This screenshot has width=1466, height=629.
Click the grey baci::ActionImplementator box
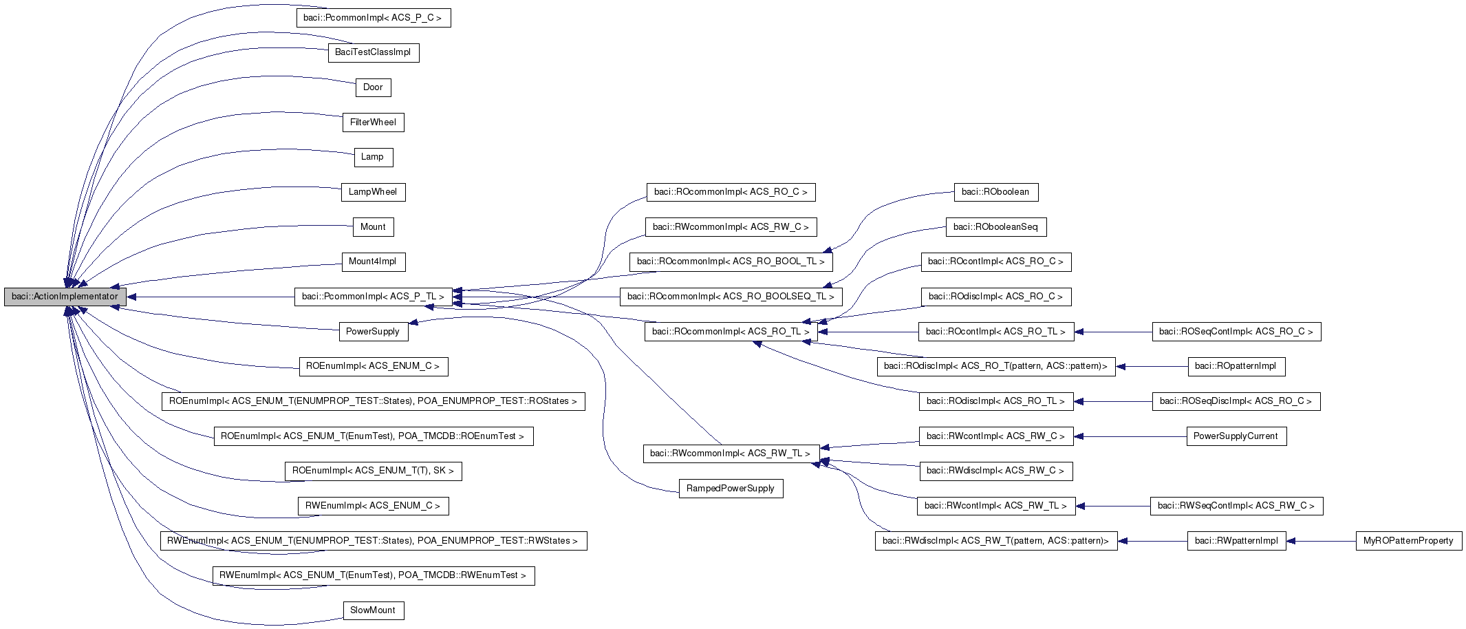65,297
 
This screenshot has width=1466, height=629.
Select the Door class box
373,87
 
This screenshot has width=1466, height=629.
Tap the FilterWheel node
373,122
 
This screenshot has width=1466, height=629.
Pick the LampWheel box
373,192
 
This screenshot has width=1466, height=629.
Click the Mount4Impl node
373,262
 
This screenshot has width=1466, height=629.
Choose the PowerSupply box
373,332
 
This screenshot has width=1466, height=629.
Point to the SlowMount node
373,610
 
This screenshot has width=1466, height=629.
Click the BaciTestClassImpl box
373,52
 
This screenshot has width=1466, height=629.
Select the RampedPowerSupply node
731,489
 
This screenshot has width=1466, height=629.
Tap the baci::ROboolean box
995,192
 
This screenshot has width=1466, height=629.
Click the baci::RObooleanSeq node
995,227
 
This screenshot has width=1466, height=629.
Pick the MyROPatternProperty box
1408,541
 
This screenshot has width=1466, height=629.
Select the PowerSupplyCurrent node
1236,436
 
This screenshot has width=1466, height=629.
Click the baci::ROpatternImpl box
1236,366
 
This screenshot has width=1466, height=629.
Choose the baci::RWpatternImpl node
1236,541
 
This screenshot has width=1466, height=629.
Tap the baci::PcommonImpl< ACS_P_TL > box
373,297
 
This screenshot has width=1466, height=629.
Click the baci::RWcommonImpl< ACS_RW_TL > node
731,454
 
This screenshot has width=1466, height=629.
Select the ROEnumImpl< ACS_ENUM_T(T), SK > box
373,471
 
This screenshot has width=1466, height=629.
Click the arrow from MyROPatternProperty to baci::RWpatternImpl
1321,541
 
